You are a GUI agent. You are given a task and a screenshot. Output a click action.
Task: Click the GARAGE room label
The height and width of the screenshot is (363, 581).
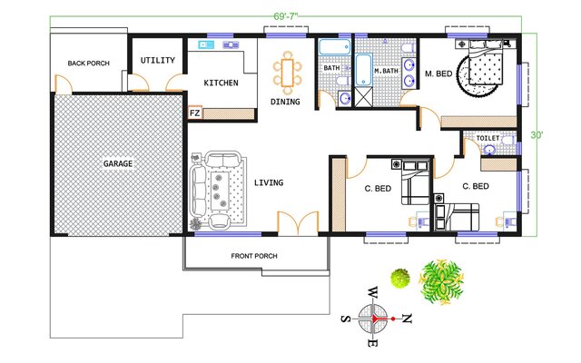click(x=118, y=163)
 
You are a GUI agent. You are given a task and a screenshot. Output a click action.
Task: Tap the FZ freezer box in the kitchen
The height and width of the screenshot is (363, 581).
click(x=195, y=113)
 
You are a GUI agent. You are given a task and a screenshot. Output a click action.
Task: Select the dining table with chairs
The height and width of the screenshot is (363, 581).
click(x=288, y=73)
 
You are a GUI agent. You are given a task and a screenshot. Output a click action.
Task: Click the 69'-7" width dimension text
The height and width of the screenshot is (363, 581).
click(x=286, y=16)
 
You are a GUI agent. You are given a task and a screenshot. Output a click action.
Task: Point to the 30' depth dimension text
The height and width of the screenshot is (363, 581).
click(x=537, y=135)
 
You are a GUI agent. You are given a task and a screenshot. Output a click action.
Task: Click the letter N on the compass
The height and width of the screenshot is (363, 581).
click(x=408, y=319)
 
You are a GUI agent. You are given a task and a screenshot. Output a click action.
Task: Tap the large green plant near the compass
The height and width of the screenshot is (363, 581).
click(x=441, y=282)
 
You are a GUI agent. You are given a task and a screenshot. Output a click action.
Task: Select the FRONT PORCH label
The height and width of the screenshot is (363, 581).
click(x=254, y=256)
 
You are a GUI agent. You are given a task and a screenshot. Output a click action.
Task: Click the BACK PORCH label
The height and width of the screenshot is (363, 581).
click(x=89, y=64)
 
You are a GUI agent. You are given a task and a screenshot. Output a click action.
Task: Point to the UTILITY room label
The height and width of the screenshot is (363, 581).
click(x=158, y=60)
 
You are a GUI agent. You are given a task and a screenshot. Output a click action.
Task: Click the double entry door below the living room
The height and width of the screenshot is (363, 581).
click(x=298, y=223)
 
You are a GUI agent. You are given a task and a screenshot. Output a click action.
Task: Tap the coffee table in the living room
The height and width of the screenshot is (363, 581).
click(x=220, y=191)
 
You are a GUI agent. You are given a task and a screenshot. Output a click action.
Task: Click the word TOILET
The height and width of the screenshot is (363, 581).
click(x=487, y=138)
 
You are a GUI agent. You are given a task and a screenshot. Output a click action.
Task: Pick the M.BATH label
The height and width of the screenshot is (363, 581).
click(x=386, y=71)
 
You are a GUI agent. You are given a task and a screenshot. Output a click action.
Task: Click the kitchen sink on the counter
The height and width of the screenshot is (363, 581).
click(x=206, y=44)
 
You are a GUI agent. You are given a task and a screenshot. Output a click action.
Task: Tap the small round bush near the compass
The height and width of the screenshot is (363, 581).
click(x=400, y=279)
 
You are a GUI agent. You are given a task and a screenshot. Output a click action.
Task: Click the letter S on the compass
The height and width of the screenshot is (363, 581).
click(x=346, y=319)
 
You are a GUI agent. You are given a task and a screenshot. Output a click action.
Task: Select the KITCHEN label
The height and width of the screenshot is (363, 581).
click(x=222, y=83)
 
